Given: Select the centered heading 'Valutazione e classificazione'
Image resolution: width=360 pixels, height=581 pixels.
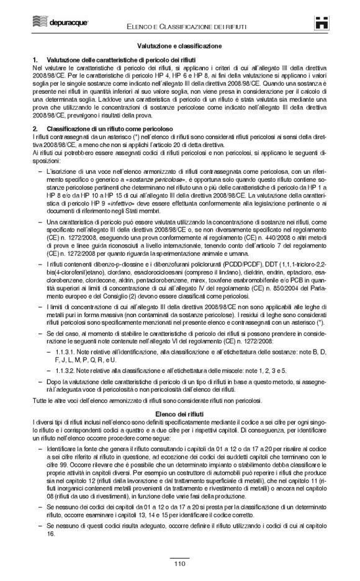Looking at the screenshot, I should point(180,46).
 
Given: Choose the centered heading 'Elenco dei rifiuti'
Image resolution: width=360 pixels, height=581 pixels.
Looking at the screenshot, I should point(180,395).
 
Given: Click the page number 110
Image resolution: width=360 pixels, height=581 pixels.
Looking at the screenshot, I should point(179,564).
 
